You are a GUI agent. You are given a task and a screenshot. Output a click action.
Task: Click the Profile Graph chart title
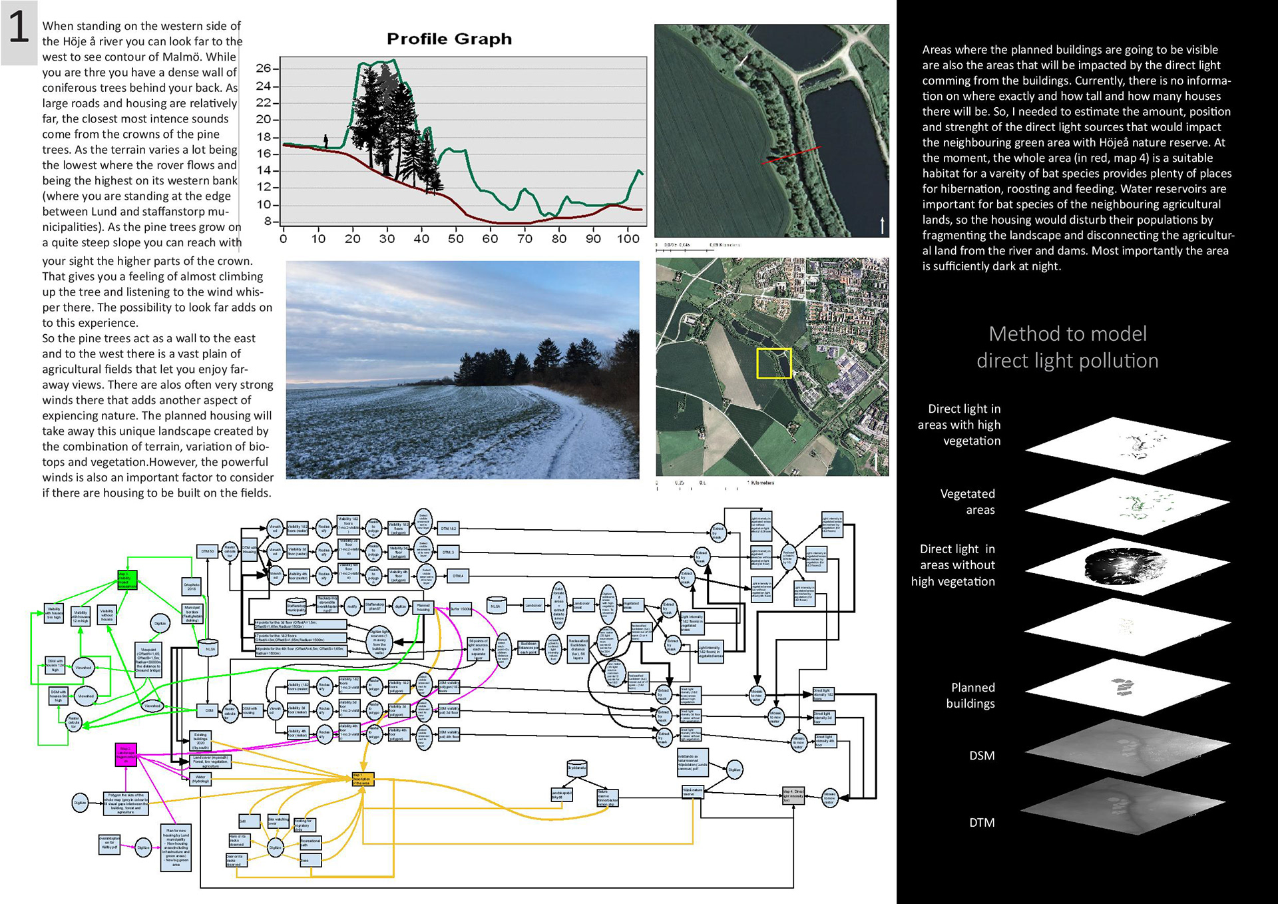pos(449,39)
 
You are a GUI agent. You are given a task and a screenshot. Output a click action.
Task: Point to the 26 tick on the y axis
pos(264,68)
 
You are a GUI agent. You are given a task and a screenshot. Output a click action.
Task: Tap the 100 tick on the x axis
pos(628,239)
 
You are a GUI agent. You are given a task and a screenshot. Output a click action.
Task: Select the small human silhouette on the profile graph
pos(326,140)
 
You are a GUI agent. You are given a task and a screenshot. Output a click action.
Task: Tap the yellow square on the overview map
pos(774,363)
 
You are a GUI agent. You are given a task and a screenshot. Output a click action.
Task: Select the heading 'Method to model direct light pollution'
pos(1068,347)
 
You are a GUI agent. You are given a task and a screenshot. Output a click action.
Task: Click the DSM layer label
pos(982,756)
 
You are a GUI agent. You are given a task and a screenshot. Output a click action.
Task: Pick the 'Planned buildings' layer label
pos(971,696)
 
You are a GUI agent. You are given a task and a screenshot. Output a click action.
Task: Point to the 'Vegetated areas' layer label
pos(968,502)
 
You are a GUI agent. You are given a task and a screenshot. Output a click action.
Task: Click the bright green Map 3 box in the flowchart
pos(127,579)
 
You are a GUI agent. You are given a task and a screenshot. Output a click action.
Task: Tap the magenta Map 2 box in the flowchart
pos(126,755)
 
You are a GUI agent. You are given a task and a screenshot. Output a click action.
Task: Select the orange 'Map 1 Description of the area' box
pos(363,779)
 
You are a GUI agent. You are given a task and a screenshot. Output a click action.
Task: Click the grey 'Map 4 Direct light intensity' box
pos(793,795)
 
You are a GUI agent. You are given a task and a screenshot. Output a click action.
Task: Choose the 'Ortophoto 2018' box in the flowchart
pos(192,586)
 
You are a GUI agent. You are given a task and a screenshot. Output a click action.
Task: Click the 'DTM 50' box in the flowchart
pos(208,551)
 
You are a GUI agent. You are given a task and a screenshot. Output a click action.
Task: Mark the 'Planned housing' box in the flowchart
pos(423,607)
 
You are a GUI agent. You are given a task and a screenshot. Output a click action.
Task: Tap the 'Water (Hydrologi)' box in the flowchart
pos(200,778)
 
